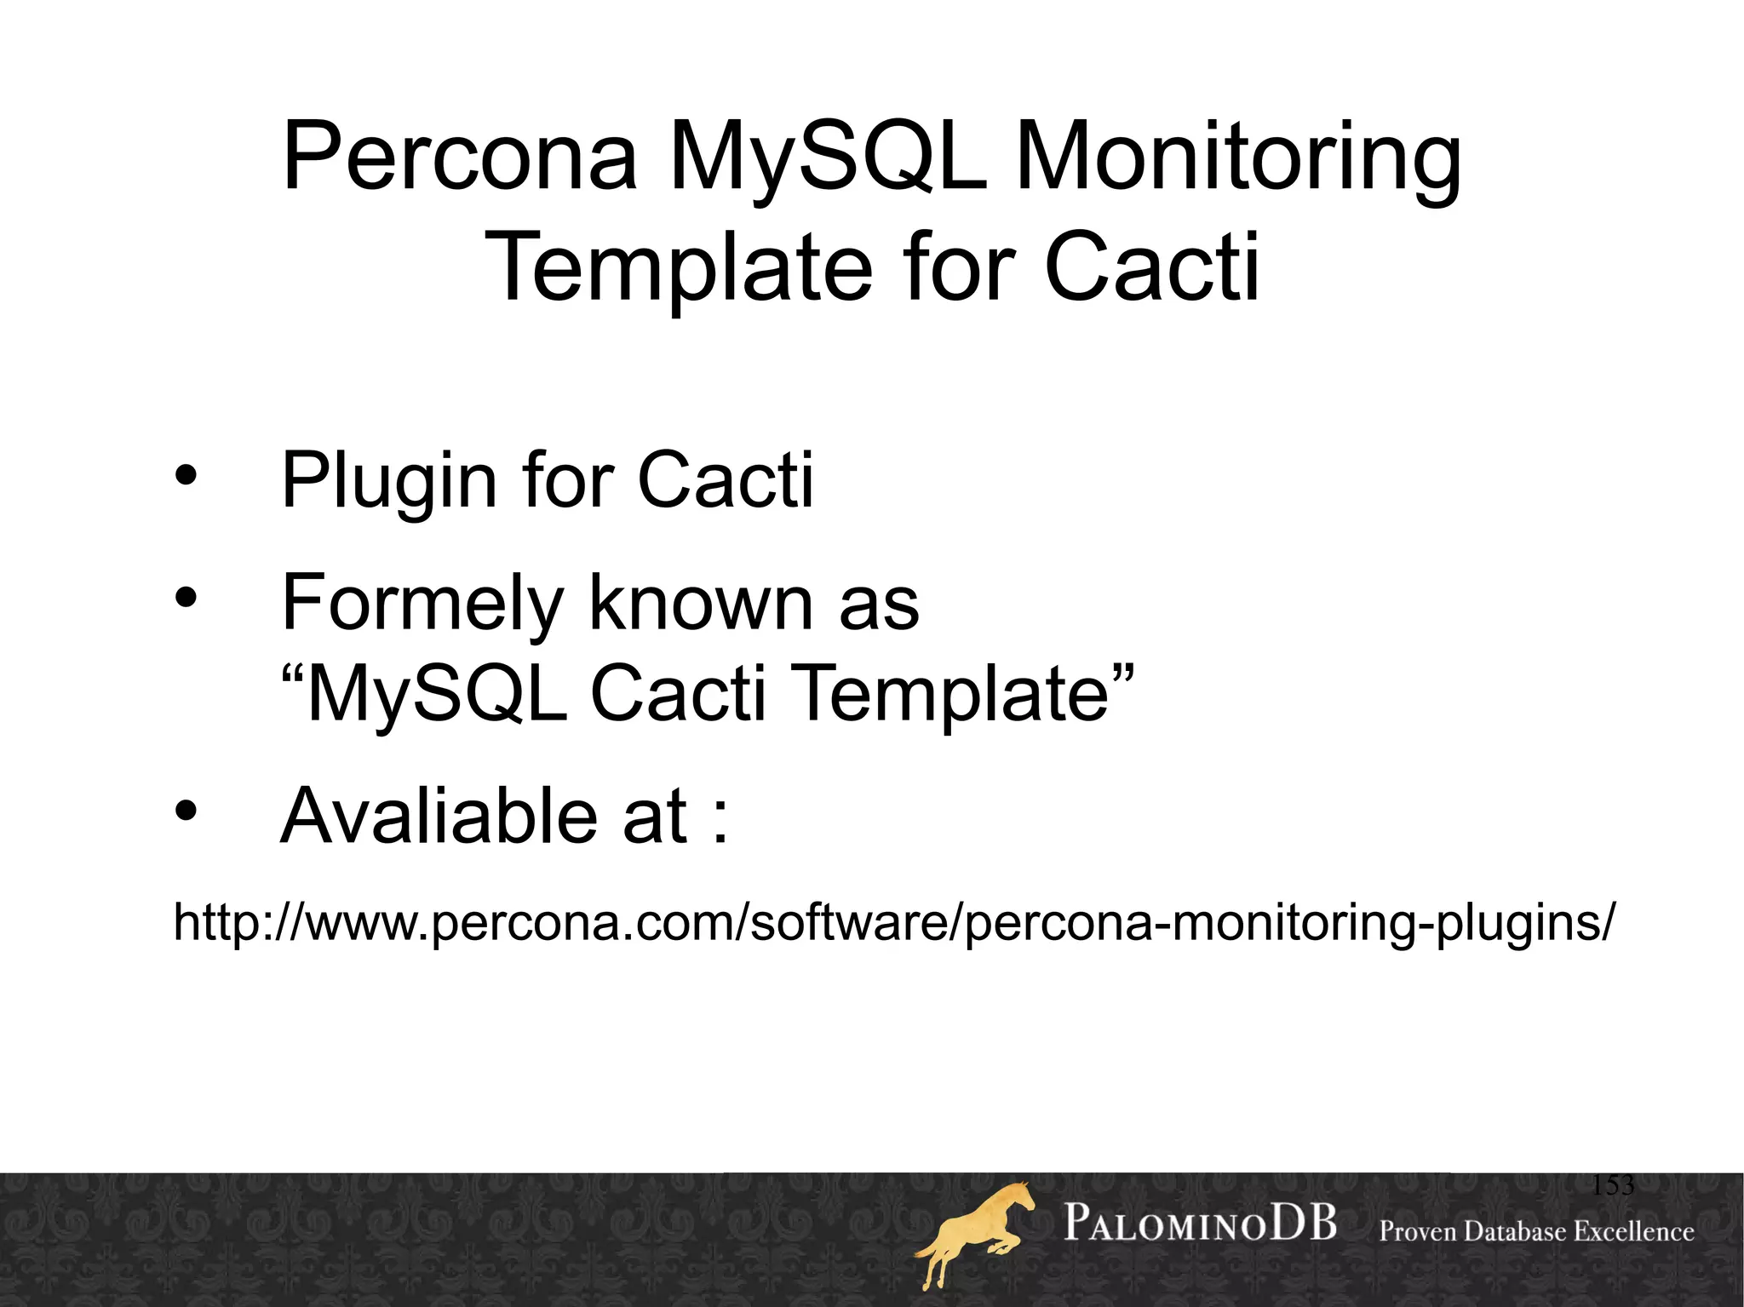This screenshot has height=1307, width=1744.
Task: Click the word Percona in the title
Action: pyautogui.click(x=460, y=158)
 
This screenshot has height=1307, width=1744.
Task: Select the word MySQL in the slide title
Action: pyautogui.click(x=826, y=158)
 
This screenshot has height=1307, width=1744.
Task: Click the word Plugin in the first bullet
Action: pyautogui.click(x=388, y=482)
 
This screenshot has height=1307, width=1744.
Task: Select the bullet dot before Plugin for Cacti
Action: pyautogui.click(x=186, y=478)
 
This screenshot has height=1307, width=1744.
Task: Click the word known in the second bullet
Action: pyautogui.click(x=701, y=602)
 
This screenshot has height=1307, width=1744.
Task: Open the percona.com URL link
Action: pyautogui.click(x=892, y=922)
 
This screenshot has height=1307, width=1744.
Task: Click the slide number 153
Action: pyautogui.click(x=1613, y=1185)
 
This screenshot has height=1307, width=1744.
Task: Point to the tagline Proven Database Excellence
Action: pyautogui.click(x=1536, y=1231)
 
